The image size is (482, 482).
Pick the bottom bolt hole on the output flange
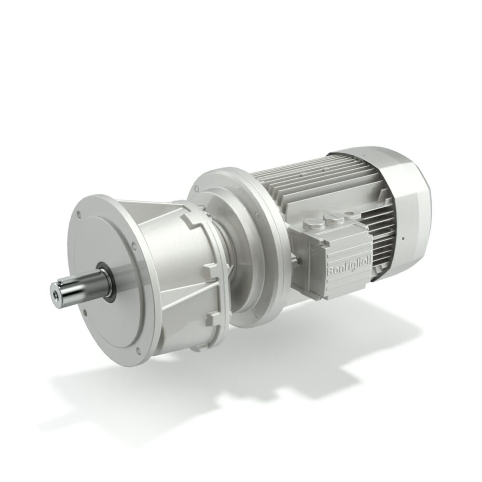point(118,349)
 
